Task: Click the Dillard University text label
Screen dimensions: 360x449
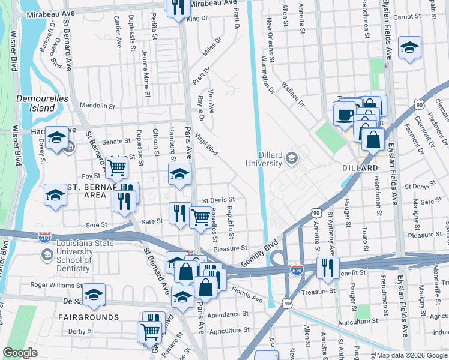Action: pyautogui.click(x=264, y=159)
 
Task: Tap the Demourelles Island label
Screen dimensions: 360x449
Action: pyautogui.click(x=42, y=103)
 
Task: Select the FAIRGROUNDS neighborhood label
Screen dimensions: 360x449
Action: pyautogui.click(x=89, y=316)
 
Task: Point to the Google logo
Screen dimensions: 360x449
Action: pyautogui.click(x=20, y=353)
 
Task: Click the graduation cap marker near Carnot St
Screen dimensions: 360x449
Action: pyautogui.click(x=409, y=48)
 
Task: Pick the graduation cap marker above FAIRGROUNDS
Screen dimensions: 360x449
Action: pyautogui.click(x=94, y=295)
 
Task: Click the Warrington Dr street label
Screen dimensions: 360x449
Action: pyautogui.click(x=267, y=74)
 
